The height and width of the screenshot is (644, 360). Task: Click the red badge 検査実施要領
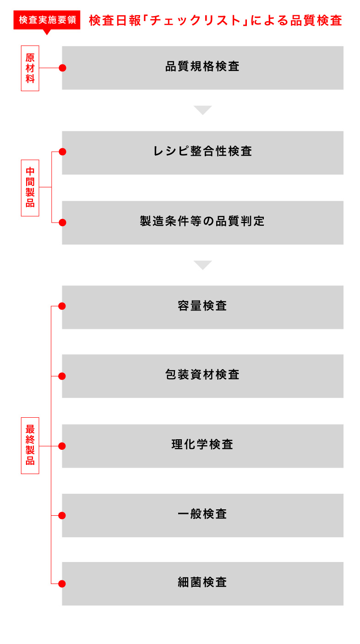[x=47, y=20]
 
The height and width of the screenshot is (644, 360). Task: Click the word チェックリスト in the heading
[x=196, y=21]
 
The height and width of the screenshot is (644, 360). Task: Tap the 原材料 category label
[x=30, y=68]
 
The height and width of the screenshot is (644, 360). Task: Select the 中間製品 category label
[x=30, y=188]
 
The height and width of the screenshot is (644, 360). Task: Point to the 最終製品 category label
[x=30, y=445]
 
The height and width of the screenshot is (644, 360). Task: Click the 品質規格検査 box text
[x=202, y=66]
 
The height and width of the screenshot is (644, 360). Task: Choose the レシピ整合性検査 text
[x=202, y=151]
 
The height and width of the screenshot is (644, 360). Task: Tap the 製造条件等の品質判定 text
[x=202, y=221]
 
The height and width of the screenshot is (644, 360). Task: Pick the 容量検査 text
[x=202, y=306]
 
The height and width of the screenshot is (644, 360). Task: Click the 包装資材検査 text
[x=202, y=375]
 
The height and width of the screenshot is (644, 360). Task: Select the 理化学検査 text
[x=202, y=444]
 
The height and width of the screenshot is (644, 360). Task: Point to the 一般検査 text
[x=202, y=514]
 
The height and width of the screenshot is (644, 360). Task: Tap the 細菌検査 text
[x=202, y=582]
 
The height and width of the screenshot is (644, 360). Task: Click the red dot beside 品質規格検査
[x=62, y=68]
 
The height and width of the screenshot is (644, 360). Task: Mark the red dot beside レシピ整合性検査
[x=62, y=152]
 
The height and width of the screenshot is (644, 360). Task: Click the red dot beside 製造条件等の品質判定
[x=62, y=223]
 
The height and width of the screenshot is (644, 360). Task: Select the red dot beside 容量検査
[x=62, y=306]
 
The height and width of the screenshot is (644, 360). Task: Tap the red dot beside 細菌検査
[x=62, y=584]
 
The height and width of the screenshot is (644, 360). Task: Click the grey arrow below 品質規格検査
[x=203, y=110]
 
